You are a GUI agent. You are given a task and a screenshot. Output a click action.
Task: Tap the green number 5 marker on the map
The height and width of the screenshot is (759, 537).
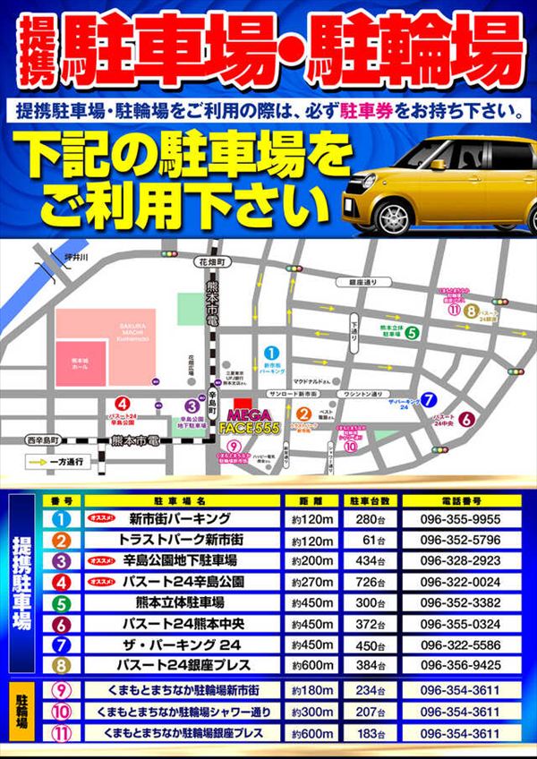click(411, 334)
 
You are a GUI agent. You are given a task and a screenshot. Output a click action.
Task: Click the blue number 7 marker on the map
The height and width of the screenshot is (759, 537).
click(430, 400)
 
